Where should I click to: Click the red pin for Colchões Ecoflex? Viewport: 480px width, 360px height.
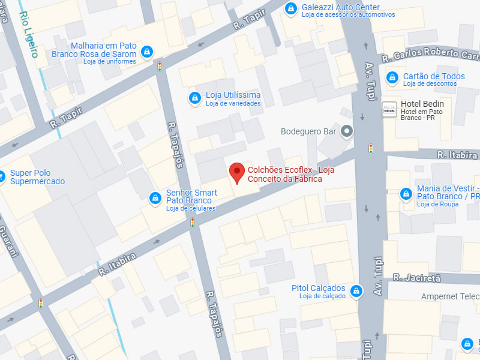(x=237, y=172)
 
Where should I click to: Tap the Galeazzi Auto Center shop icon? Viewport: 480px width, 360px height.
(x=291, y=8)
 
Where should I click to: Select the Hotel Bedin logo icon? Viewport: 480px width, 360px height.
(x=389, y=109)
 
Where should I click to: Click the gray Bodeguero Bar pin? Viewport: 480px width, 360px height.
(x=346, y=131)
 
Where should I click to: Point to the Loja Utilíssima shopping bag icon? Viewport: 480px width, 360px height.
(x=194, y=98)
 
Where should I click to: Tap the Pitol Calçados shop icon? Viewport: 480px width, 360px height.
(x=356, y=292)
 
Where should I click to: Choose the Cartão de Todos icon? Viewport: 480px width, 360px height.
(x=392, y=77)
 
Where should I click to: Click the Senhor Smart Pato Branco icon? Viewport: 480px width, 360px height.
(x=155, y=197)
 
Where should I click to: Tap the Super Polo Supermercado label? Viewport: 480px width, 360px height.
(x=37, y=177)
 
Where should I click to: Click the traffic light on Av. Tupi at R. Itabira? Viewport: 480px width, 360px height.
(x=371, y=148)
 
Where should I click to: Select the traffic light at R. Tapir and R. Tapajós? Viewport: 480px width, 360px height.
(x=160, y=67)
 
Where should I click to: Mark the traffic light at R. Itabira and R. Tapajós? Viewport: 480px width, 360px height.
(x=193, y=223)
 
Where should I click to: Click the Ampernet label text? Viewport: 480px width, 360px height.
(x=449, y=296)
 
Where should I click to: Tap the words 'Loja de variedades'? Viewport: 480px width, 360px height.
(x=233, y=103)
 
